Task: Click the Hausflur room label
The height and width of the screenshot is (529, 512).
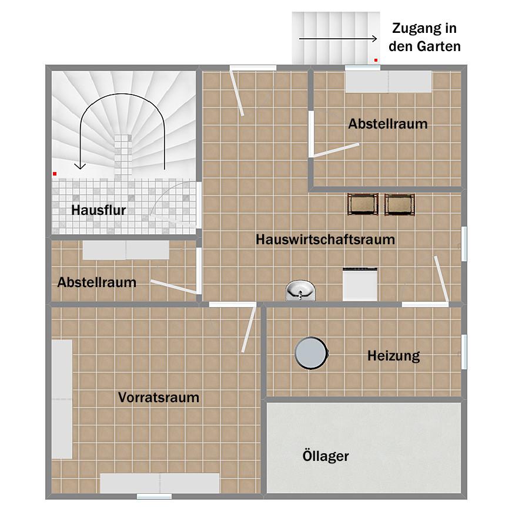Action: click(99, 210)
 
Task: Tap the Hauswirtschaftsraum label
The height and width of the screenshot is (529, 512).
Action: click(325, 240)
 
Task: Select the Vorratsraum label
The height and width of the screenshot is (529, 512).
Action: click(159, 397)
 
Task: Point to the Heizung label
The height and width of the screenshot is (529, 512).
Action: click(393, 355)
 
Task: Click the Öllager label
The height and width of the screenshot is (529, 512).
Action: click(326, 456)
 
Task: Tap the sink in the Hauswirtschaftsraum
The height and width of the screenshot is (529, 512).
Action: click(300, 290)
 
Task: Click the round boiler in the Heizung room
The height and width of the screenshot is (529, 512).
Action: click(310, 353)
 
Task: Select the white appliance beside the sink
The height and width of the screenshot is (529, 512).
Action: click(360, 284)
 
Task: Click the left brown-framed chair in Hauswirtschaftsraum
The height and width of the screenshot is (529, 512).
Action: click(363, 204)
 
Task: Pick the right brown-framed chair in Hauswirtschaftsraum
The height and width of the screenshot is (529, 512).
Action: click(400, 204)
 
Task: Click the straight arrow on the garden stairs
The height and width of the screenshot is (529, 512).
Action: click(338, 39)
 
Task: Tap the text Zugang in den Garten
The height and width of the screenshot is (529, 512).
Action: click(424, 37)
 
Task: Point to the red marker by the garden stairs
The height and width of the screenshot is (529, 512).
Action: click(376, 60)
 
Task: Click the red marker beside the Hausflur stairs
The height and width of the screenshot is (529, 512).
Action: click(55, 174)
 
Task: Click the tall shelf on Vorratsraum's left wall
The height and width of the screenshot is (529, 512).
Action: click(62, 399)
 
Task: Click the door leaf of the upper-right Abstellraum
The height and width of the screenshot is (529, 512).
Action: click(333, 151)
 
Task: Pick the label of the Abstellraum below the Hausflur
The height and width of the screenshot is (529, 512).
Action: click(97, 282)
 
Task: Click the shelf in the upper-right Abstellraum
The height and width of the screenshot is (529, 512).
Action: click(388, 82)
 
